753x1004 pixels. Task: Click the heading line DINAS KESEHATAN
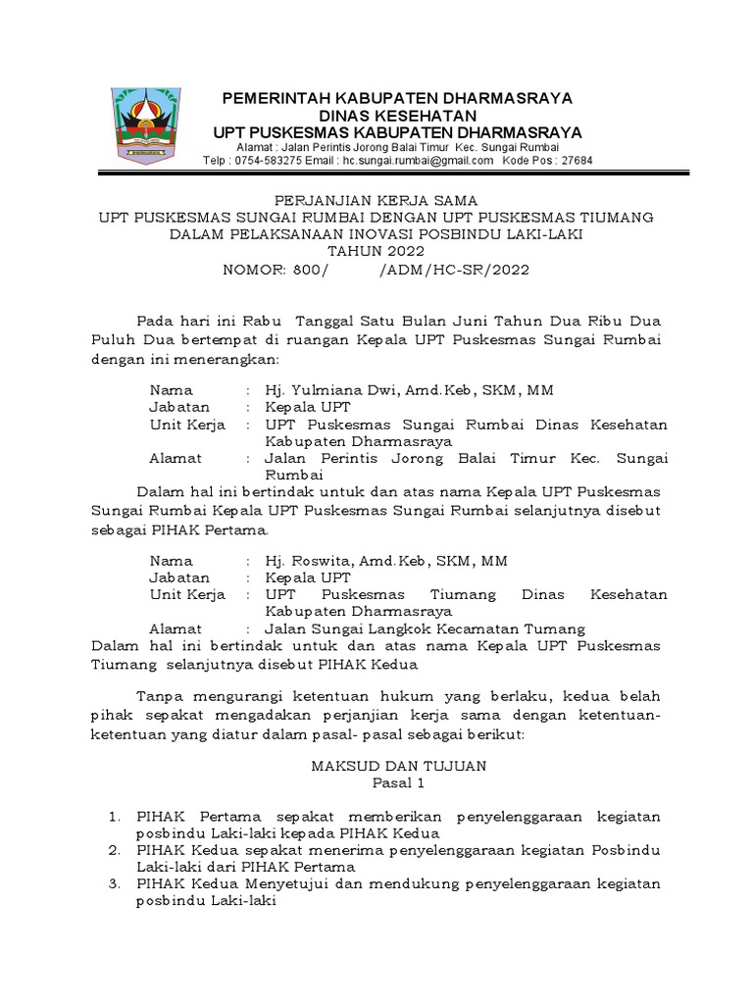396,116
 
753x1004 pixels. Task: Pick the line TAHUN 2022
376,252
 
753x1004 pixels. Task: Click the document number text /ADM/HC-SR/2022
453,270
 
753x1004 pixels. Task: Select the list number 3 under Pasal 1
114,884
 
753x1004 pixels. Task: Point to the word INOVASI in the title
404,234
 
